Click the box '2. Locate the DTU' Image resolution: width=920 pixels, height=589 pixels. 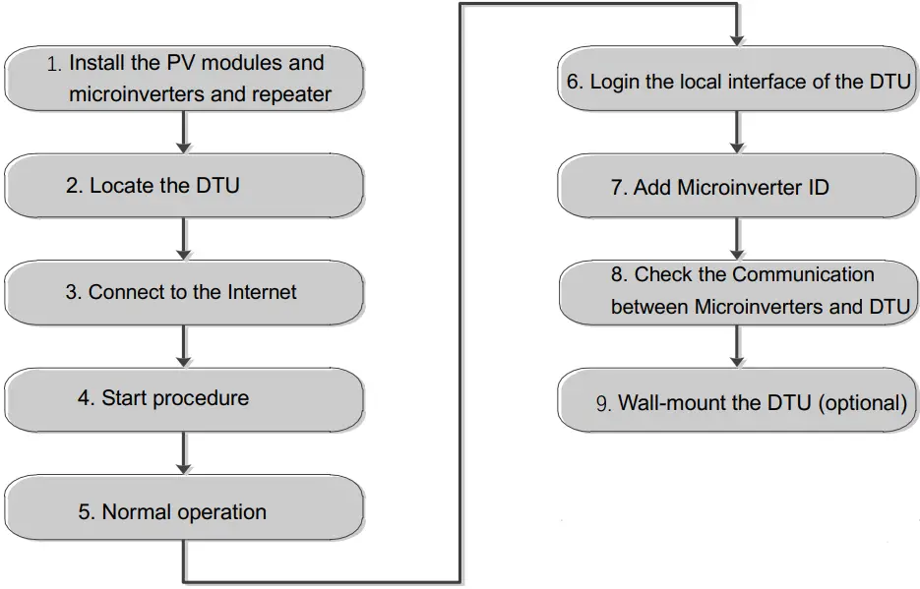coord(184,185)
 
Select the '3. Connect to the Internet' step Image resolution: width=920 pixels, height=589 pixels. coord(184,292)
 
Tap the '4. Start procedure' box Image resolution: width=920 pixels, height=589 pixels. coord(184,398)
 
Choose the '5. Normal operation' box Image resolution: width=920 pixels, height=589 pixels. coord(184,511)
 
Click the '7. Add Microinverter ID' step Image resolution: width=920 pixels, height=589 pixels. coord(737,187)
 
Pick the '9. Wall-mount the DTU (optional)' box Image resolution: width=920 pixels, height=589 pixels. coord(737,402)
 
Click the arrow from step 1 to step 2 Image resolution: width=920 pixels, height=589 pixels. coord(184,131)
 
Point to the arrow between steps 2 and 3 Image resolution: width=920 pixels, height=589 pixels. coord(184,238)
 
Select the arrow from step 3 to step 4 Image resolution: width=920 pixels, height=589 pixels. coord(184,346)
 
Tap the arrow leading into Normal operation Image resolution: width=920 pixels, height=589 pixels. coord(184,453)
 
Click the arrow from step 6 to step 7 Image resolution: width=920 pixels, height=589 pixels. coord(737,131)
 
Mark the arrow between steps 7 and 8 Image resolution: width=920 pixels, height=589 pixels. coord(737,238)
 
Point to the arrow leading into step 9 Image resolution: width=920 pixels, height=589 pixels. coord(737,346)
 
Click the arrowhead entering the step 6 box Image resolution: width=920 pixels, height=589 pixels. coord(737,39)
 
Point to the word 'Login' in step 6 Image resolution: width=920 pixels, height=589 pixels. coord(615,81)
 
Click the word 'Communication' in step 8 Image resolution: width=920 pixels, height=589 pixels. coord(803,274)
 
